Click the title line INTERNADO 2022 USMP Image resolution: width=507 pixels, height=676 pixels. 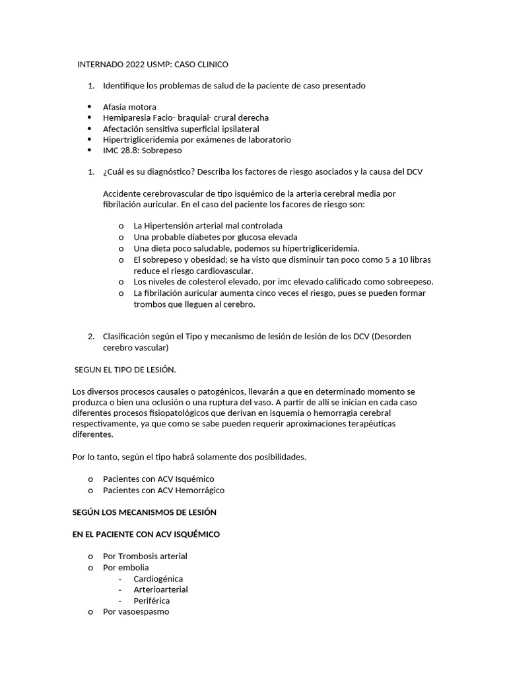pyautogui.click(x=152, y=64)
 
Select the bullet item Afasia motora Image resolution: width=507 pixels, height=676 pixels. pyautogui.click(x=129, y=107)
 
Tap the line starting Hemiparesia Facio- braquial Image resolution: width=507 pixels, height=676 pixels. pyautogui.click(x=186, y=118)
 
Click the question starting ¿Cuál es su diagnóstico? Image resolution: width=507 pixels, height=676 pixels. pyautogui.click(x=262, y=172)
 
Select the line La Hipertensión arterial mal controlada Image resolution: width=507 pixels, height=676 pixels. pyautogui.click(x=207, y=225)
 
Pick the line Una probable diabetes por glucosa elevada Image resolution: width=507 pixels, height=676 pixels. pyautogui.click(x=215, y=236)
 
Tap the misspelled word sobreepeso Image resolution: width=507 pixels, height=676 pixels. pyautogui.click(x=409, y=282)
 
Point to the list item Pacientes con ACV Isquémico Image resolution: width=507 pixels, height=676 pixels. pyautogui.click(x=158, y=479)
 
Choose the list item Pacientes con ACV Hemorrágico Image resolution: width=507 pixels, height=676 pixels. pyautogui.click(x=164, y=490)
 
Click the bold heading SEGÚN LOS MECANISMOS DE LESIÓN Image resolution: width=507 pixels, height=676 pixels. pyautogui.click(x=144, y=512)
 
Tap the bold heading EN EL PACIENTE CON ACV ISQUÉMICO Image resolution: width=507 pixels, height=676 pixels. pyautogui.click(x=146, y=534)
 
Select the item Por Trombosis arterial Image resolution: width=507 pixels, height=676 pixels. pyautogui.click(x=145, y=556)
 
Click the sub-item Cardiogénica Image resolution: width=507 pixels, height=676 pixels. pyautogui.click(x=158, y=578)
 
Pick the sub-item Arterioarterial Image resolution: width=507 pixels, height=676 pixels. pyautogui.click(x=160, y=590)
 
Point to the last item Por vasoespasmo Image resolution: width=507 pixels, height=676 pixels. pyautogui.click(x=136, y=611)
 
